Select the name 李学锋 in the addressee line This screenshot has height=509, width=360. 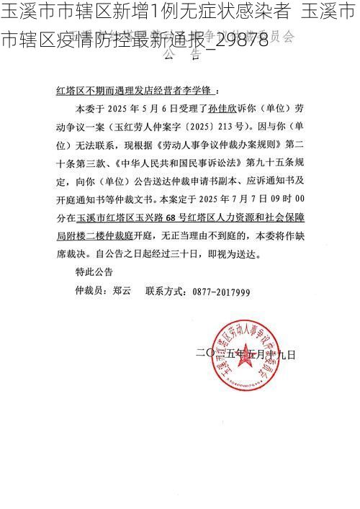197,92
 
